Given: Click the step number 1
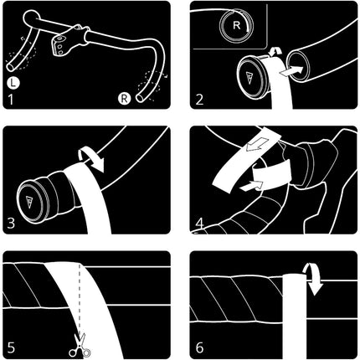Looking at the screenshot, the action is pos(11,100).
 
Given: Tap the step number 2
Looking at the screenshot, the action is pos(199,100).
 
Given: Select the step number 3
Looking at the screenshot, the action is pos(11,224).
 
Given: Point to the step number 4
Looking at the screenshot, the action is pos(200,224).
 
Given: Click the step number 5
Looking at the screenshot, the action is pos(11,348).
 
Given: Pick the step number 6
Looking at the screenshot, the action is pos(199,348).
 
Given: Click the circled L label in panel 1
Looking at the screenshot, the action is pos(13,83).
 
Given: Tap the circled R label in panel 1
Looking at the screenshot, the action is pos(124,99).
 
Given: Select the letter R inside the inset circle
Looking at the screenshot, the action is pos(236,25).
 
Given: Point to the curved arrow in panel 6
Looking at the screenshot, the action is pos(312,279).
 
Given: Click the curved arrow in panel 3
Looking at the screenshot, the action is pos(91,159).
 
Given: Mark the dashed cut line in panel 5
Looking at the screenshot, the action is pos(80,299).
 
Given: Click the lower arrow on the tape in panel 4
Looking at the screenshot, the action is pos(251,186).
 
